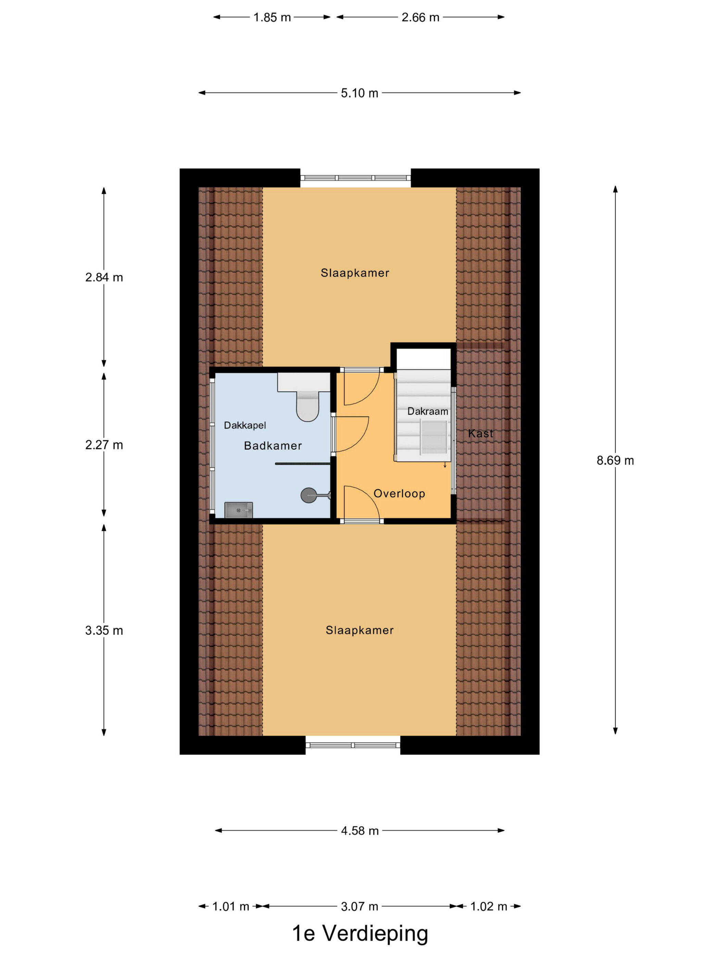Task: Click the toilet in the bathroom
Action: click(307, 405)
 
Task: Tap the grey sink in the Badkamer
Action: click(238, 510)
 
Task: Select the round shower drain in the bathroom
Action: click(308, 495)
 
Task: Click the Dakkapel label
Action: click(245, 425)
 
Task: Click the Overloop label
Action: click(399, 493)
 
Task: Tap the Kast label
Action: click(481, 433)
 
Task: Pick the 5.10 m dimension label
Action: click(359, 93)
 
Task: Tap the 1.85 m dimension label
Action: click(272, 17)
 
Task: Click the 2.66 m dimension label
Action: click(420, 17)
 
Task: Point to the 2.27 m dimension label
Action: click(104, 445)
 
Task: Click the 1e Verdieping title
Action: click(360, 933)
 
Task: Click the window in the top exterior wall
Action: click(355, 178)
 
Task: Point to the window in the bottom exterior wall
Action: click(353, 745)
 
